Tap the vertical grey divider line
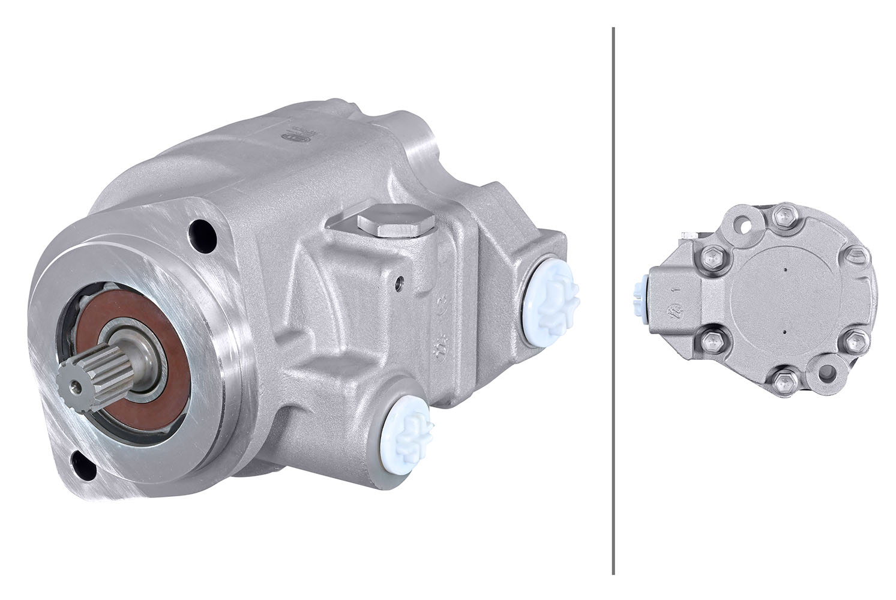[x=613, y=300]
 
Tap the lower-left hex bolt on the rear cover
[x=713, y=342]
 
